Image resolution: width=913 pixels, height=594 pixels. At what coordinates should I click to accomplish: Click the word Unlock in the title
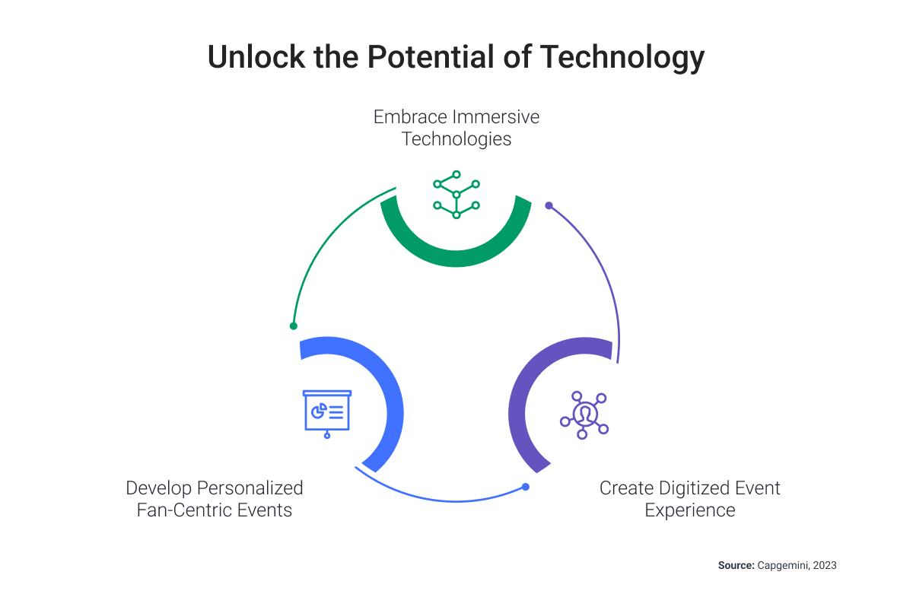tap(256, 56)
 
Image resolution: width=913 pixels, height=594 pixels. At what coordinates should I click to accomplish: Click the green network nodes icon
tap(456, 195)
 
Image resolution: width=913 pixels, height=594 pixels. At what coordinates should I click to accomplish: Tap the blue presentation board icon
tap(327, 414)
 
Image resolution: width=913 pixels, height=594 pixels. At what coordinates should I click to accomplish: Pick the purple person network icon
tap(584, 415)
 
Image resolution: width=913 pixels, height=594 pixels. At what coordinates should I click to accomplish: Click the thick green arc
tap(456, 259)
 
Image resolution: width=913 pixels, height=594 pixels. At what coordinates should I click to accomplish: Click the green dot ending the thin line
tap(294, 326)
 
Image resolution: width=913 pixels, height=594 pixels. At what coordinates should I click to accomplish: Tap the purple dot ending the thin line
tap(549, 205)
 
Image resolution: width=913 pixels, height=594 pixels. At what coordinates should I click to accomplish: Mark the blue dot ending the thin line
tap(526, 487)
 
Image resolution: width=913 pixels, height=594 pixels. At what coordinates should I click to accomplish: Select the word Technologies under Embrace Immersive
tap(456, 139)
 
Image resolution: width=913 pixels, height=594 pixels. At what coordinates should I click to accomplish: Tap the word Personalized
tap(250, 488)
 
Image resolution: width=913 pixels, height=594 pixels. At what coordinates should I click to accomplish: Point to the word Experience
tap(689, 511)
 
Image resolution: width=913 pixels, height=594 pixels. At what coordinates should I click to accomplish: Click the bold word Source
tap(736, 565)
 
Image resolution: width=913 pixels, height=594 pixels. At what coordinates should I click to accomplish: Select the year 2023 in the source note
tap(825, 565)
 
